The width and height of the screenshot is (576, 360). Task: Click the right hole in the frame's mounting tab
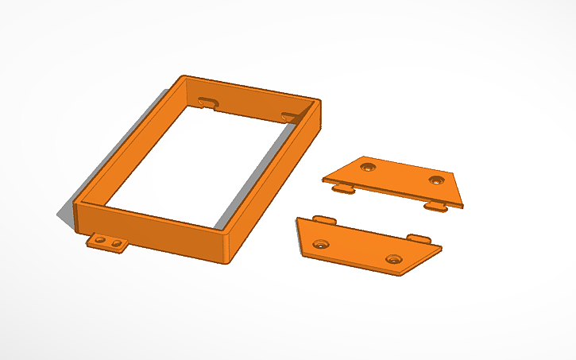[116, 242]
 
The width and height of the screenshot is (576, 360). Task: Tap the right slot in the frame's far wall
[289, 116]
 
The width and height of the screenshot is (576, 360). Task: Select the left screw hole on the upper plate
[367, 168]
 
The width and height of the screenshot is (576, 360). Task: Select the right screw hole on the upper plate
[435, 180]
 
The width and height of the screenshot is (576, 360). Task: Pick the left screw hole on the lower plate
[321, 244]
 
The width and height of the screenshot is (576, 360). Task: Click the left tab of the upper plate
[342, 188]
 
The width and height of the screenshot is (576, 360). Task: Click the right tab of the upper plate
[435, 207]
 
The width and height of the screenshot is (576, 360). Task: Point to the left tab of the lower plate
[323, 218]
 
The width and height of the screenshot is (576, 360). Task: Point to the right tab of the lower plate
[419, 238]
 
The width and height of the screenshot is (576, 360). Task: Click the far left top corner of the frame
[184, 76]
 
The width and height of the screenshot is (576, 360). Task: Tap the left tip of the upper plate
[323, 180]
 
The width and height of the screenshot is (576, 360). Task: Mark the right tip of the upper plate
[462, 204]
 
